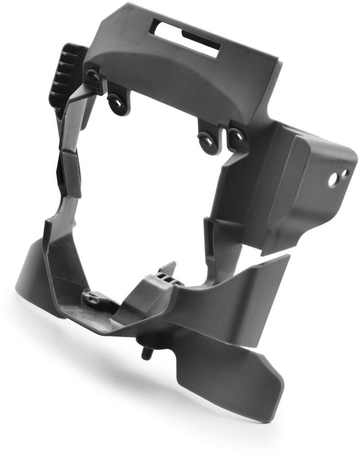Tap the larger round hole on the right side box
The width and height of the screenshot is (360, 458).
click(334, 180)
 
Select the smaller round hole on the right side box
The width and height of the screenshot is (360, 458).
click(345, 173)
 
